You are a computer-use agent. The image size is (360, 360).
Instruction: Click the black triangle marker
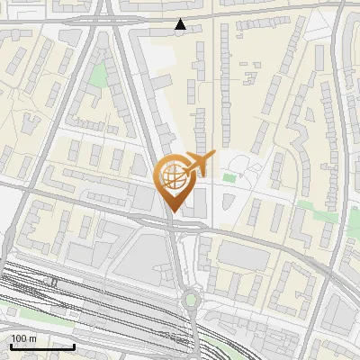181,25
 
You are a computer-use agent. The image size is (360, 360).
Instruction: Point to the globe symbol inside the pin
174,177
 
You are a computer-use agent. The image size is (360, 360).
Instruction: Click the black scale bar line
41,346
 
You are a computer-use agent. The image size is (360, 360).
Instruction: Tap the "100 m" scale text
23,337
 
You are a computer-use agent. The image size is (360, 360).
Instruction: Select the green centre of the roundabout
190,299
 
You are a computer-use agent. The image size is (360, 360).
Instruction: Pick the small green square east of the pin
229,177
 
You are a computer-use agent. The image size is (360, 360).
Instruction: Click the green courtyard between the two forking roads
97,76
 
